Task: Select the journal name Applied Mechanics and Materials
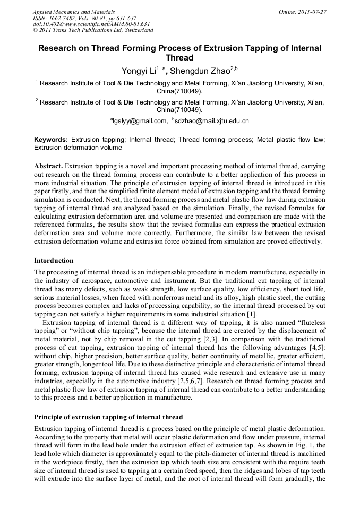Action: pos(74,11)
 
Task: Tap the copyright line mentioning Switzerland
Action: pos(93,30)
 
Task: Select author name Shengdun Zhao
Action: pos(203,71)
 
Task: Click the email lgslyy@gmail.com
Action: pos(140,121)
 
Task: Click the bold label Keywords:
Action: pos(51,140)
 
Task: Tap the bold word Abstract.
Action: pos(48,166)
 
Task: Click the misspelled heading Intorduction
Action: pos(54,261)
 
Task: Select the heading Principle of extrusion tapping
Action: pos(108,417)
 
